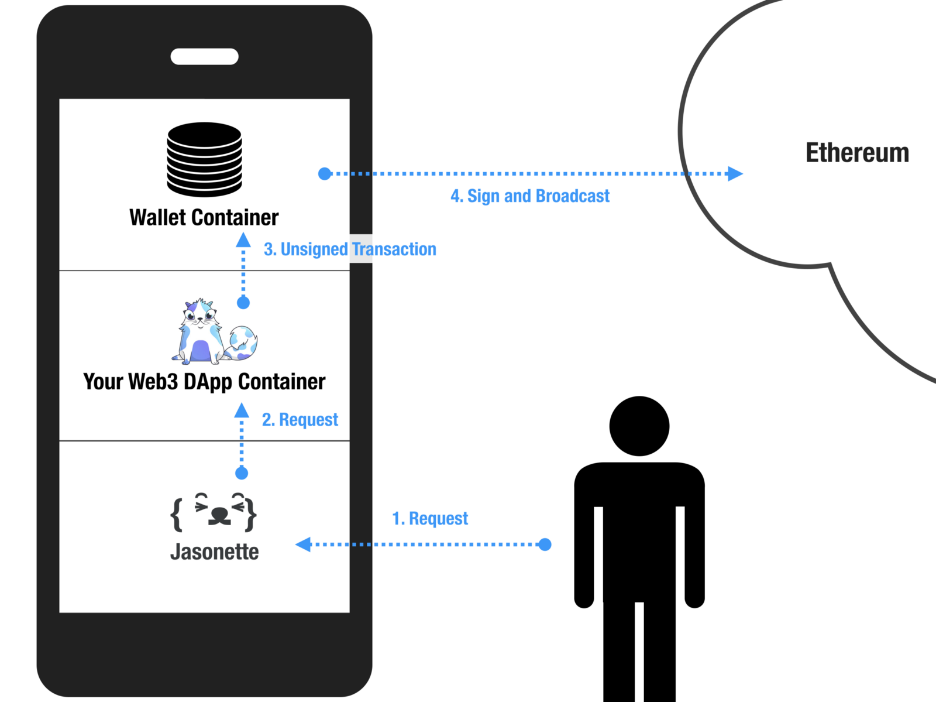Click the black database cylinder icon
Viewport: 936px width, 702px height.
(204, 159)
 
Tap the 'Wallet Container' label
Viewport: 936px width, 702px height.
(204, 217)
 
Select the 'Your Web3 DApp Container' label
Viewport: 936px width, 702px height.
(204, 382)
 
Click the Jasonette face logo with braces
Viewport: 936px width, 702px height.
(214, 512)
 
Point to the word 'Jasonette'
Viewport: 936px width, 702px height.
(214, 552)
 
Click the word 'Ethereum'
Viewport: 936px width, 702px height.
(857, 153)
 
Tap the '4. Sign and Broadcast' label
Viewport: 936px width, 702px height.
(530, 196)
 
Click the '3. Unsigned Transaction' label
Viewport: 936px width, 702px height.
(350, 249)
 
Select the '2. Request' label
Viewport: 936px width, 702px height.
(300, 420)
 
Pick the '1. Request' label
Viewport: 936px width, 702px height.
(430, 519)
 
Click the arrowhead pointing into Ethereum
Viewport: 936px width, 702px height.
(735, 173)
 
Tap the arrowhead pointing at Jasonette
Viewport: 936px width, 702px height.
(303, 545)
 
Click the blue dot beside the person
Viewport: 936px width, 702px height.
(545, 545)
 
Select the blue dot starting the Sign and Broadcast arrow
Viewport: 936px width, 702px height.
(325, 173)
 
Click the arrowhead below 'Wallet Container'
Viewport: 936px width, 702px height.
(243, 240)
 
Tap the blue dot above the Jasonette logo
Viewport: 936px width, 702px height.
(242, 472)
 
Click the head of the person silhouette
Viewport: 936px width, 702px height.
(639, 426)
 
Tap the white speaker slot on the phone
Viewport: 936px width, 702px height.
(204, 56)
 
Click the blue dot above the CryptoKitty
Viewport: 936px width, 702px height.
(243, 303)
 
